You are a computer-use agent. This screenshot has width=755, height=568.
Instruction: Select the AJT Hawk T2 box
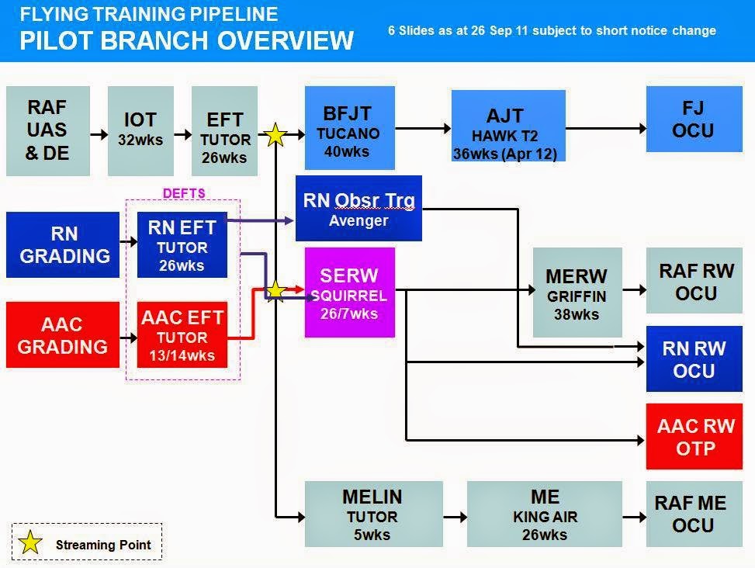pos(508,126)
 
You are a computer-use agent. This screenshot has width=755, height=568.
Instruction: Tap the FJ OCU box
pos(692,119)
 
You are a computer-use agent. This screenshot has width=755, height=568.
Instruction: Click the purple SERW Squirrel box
pos(350,293)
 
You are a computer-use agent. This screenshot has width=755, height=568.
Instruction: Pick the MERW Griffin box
pos(577,293)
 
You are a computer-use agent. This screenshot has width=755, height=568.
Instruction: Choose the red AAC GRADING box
pos(63,334)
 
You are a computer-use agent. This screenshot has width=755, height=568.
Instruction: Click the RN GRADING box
pos(64,244)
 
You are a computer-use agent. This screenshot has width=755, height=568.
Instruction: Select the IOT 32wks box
pos(140,130)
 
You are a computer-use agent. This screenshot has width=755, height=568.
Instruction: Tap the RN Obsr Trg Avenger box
pos(358,208)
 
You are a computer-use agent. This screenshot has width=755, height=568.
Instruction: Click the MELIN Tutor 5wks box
pos(373,514)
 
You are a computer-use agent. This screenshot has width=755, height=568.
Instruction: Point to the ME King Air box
pos(545,514)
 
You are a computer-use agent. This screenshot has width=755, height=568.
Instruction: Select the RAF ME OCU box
pos(689,514)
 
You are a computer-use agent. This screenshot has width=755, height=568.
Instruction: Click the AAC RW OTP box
pos(694,437)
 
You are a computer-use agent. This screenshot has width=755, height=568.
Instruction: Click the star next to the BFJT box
pos(275,136)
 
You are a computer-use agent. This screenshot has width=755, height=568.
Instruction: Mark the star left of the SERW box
pos(275,291)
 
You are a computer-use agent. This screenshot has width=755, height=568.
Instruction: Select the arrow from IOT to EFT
pos(182,134)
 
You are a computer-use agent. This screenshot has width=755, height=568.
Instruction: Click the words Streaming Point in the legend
pos(103,545)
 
